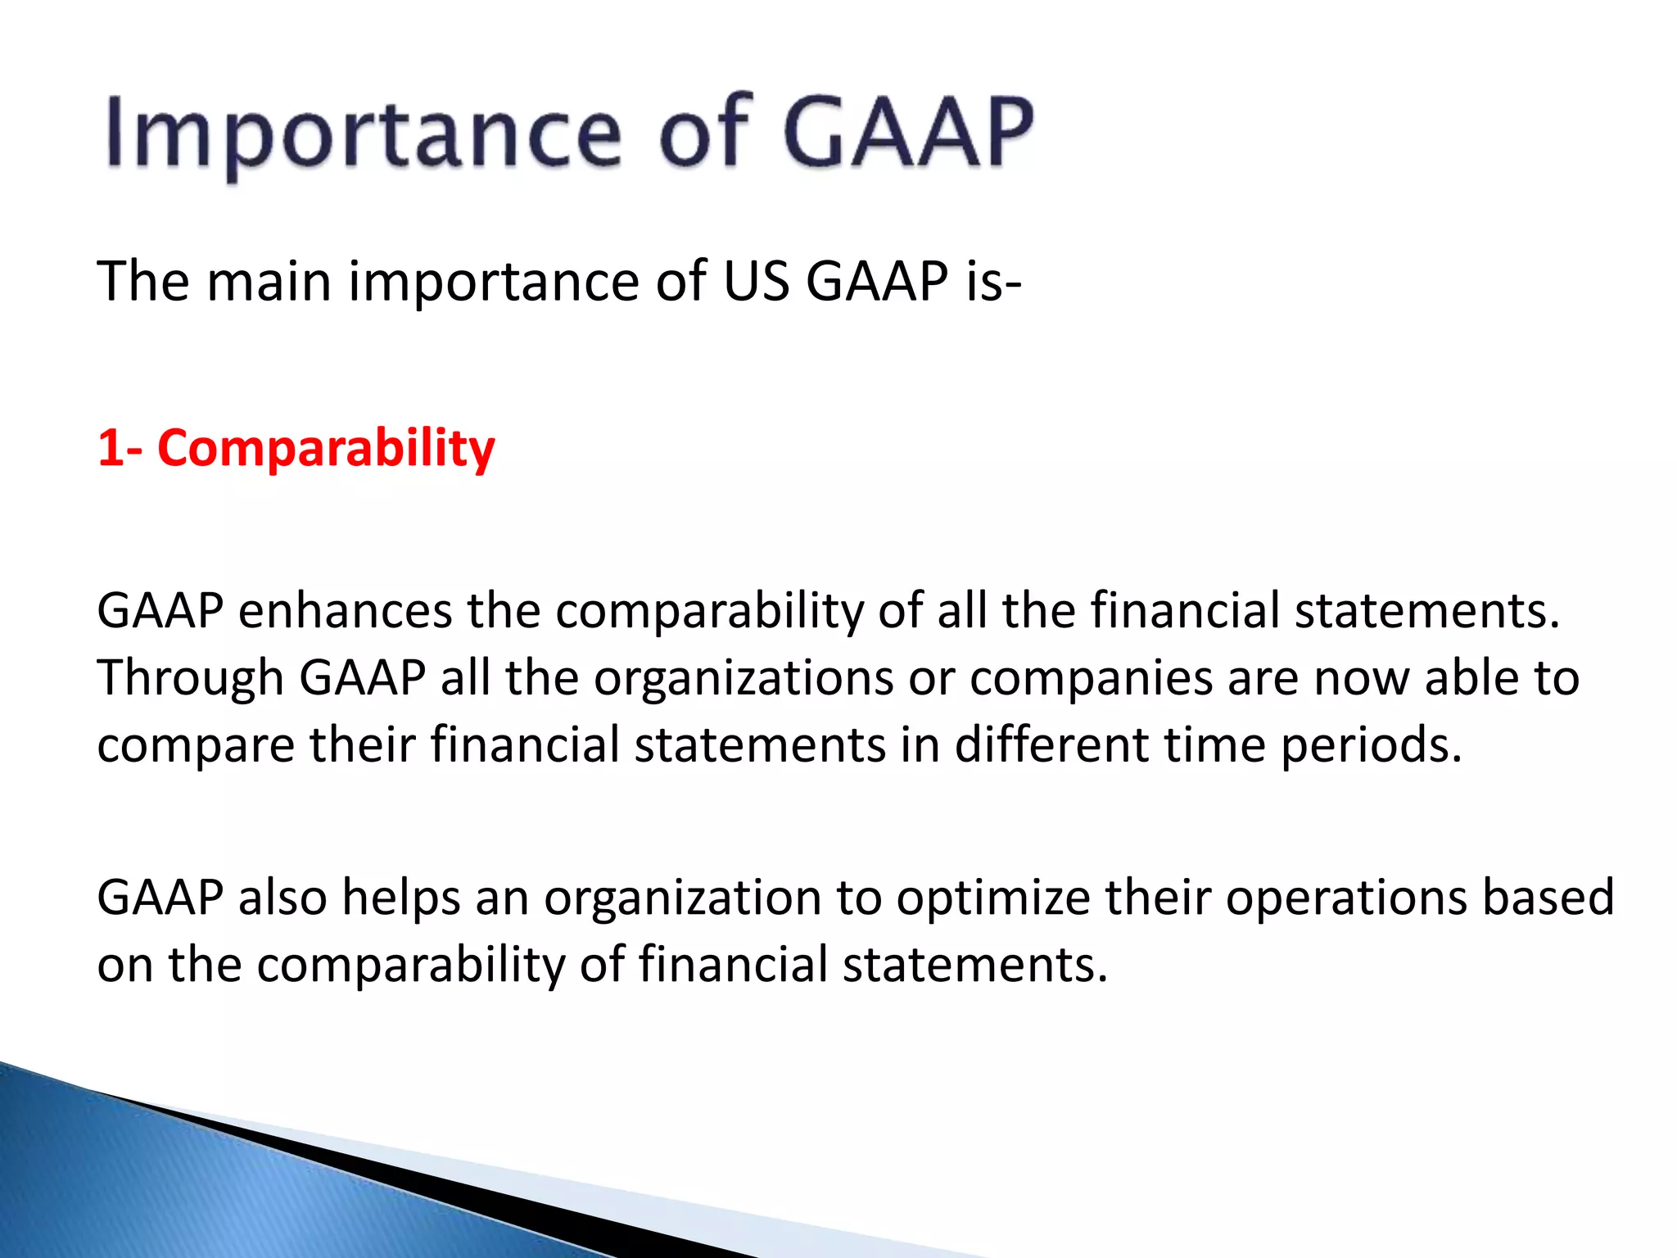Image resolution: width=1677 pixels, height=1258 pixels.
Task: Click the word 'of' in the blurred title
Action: pyautogui.click(x=706, y=133)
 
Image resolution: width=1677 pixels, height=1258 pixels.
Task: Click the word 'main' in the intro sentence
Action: pyautogui.click(x=269, y=281)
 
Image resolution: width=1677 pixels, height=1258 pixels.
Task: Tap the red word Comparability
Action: pyautogui.click(x=326, y=449)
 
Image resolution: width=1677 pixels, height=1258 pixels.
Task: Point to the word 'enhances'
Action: pyautogui.click(x=345, y=611)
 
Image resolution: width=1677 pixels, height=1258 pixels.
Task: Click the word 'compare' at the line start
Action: pyautogui.click(x=195, y=747)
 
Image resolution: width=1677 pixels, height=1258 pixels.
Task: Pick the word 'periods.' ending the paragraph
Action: pyautogui.click(x=1371, y=747)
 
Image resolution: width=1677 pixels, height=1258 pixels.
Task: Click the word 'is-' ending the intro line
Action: pyautogui.click(x=992, y=281)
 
